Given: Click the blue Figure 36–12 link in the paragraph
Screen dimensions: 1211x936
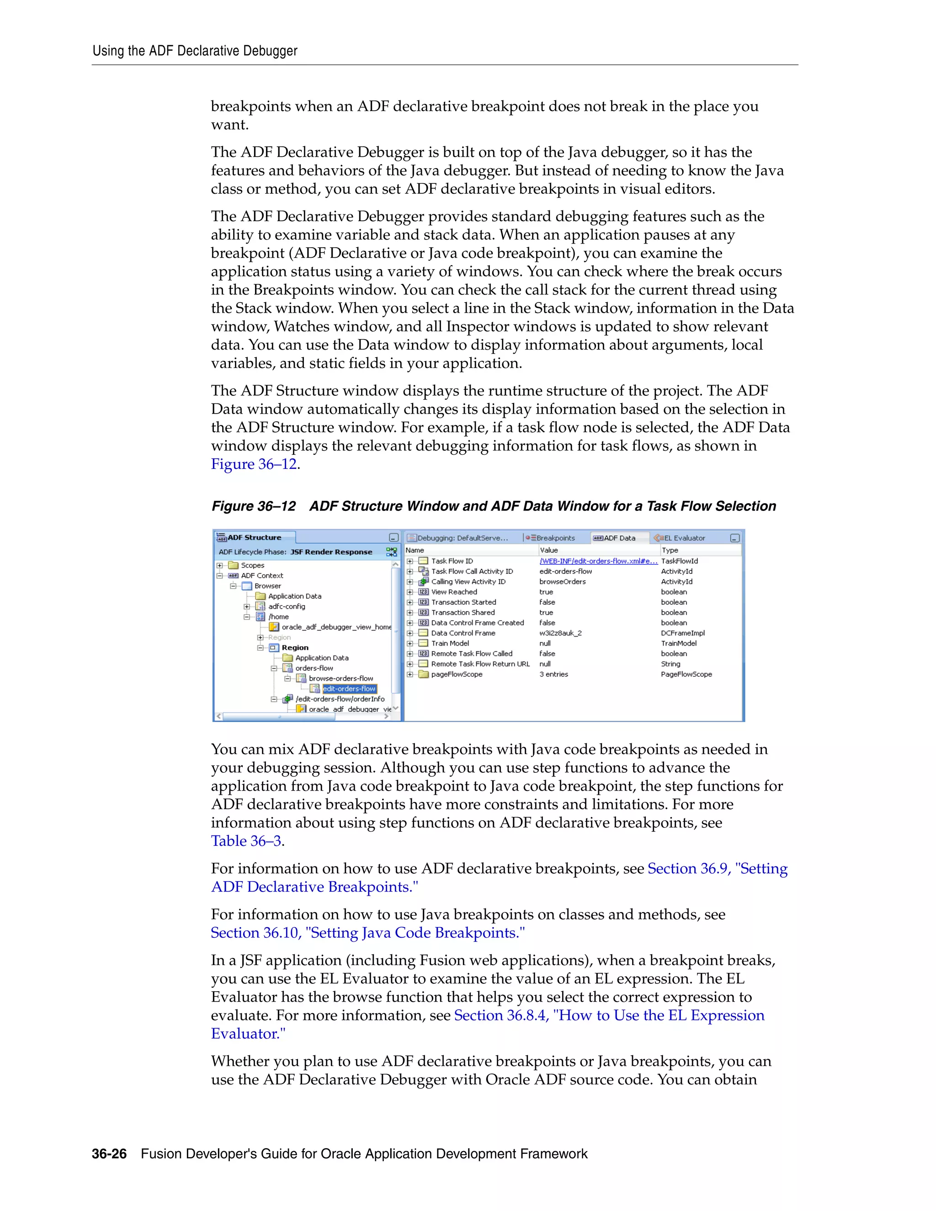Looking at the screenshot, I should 254,464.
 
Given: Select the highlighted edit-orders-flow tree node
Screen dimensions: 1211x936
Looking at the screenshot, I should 349,689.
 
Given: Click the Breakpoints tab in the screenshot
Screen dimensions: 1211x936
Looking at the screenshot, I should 554,538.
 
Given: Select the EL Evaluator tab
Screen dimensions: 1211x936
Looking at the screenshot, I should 684,538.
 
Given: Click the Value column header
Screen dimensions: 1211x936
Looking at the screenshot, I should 549,550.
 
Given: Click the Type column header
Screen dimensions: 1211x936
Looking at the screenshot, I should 670,550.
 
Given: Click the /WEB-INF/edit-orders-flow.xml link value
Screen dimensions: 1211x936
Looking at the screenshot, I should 598,561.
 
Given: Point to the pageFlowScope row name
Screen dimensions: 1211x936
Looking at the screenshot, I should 457,674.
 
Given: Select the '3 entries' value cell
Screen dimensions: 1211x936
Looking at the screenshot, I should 553,674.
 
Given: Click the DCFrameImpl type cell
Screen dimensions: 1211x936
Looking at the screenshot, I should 683,633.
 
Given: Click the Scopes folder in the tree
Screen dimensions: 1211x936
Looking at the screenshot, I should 252,566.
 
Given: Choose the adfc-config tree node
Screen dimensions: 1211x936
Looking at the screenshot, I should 286,606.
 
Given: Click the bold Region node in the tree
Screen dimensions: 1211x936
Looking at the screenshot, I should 294,648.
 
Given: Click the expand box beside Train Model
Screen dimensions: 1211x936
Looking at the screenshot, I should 410,644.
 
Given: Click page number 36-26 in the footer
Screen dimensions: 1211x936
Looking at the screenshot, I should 109,1154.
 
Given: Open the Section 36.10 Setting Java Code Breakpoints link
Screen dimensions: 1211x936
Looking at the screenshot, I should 367,933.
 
